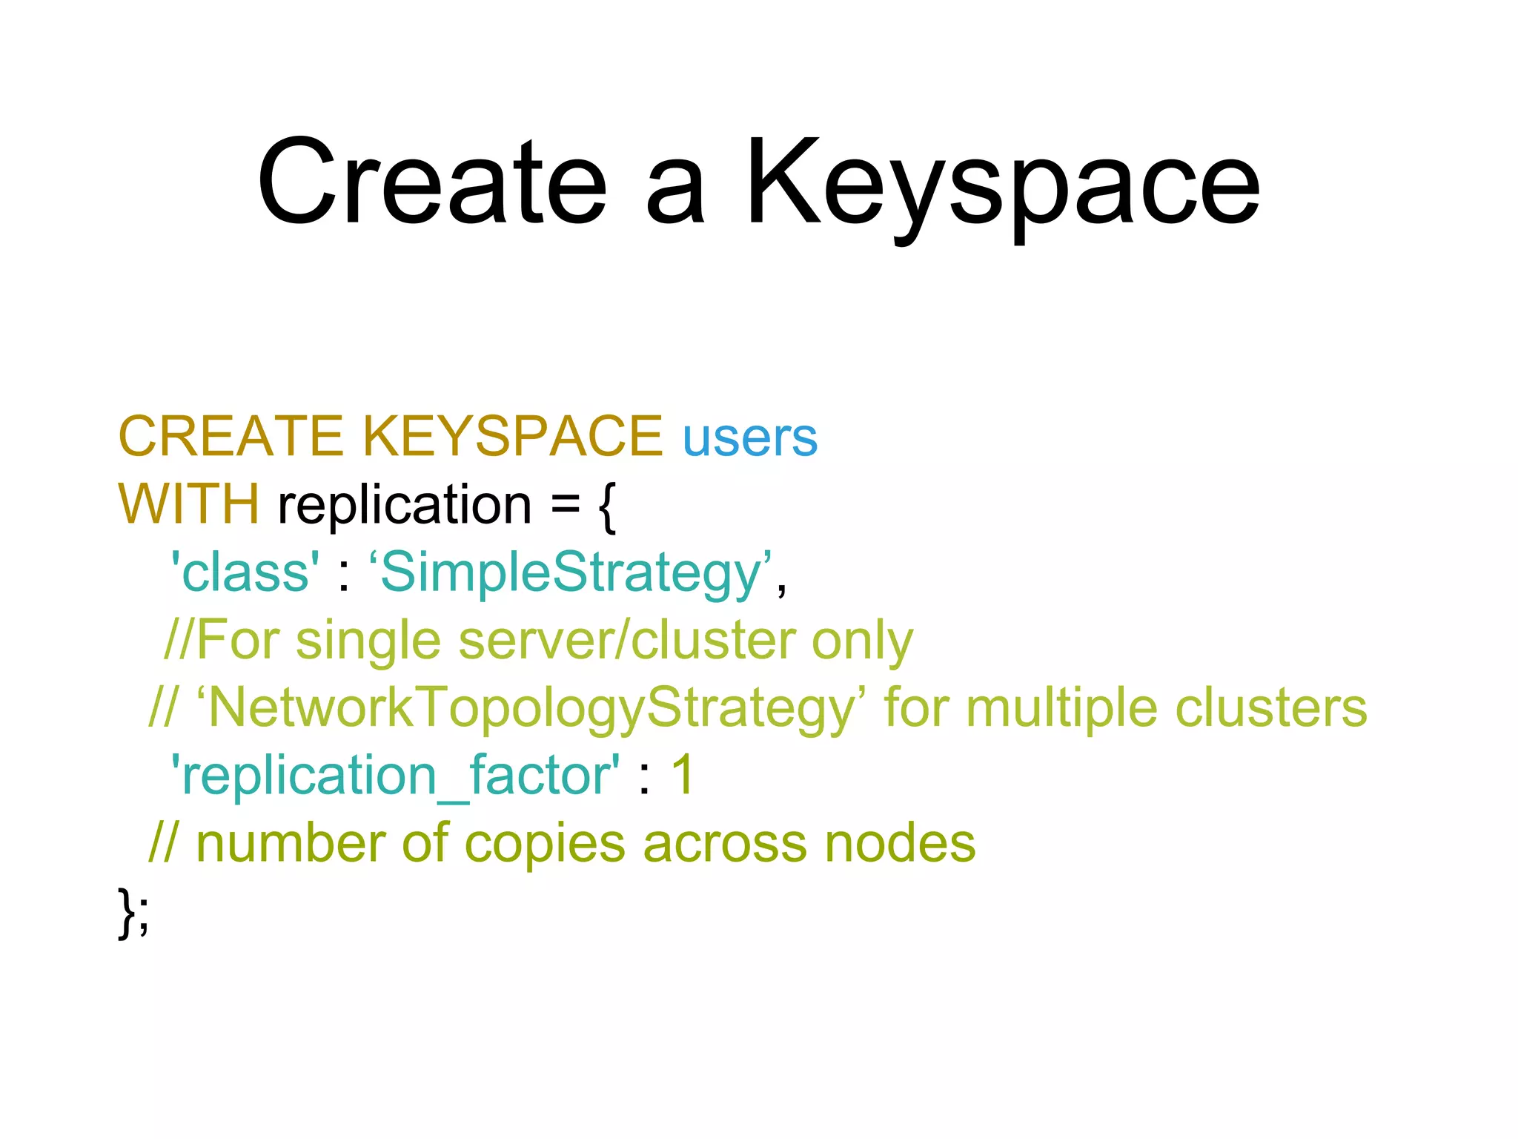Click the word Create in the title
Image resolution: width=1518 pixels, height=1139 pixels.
point(432,182)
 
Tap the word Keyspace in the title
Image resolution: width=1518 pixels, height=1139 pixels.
point(1002,185)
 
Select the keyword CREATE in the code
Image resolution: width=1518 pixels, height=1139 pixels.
point(231,437)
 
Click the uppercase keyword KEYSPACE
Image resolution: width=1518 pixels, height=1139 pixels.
point(513,437)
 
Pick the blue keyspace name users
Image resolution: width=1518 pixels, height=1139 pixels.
point(749,438)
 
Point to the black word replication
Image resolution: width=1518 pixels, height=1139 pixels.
point(405,506)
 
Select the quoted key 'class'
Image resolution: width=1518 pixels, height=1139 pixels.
point(245,573)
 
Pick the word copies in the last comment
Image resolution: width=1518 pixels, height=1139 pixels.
point(545,845)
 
